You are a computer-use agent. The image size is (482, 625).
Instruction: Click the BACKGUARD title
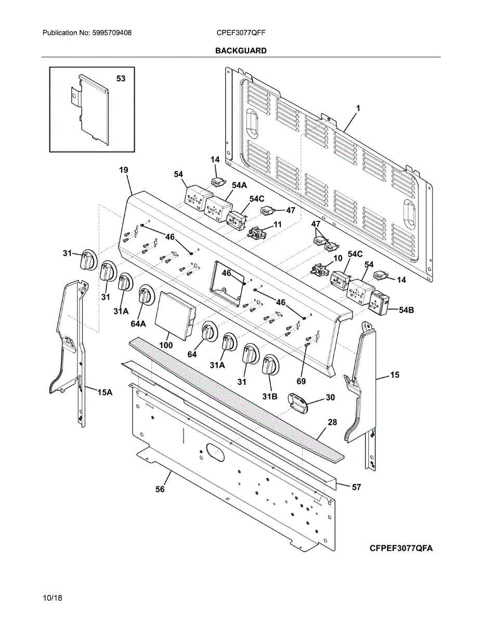click(x=241, y=51)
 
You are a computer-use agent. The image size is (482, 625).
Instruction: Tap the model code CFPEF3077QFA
click(x=401, y=548)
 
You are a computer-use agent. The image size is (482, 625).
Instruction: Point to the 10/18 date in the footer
click(x=53, y=598)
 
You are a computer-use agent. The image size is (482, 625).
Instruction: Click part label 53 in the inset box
click(x=121, y=79)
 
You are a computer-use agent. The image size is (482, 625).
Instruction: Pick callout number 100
click(x=166, y=345)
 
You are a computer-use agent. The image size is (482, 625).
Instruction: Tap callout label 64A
click(x=138, y=323)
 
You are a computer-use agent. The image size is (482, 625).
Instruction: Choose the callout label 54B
click(x=406, y=310)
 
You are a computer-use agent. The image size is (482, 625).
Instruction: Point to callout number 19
click(x=123, y=170)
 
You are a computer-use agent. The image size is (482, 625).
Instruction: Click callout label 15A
click(x=105, y=392)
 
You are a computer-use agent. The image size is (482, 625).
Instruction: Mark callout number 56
click(x=160, y=490)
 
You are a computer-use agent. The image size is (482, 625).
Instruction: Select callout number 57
click(x=356, y=488)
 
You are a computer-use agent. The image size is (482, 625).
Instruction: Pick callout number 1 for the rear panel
click(x=358, y=108)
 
